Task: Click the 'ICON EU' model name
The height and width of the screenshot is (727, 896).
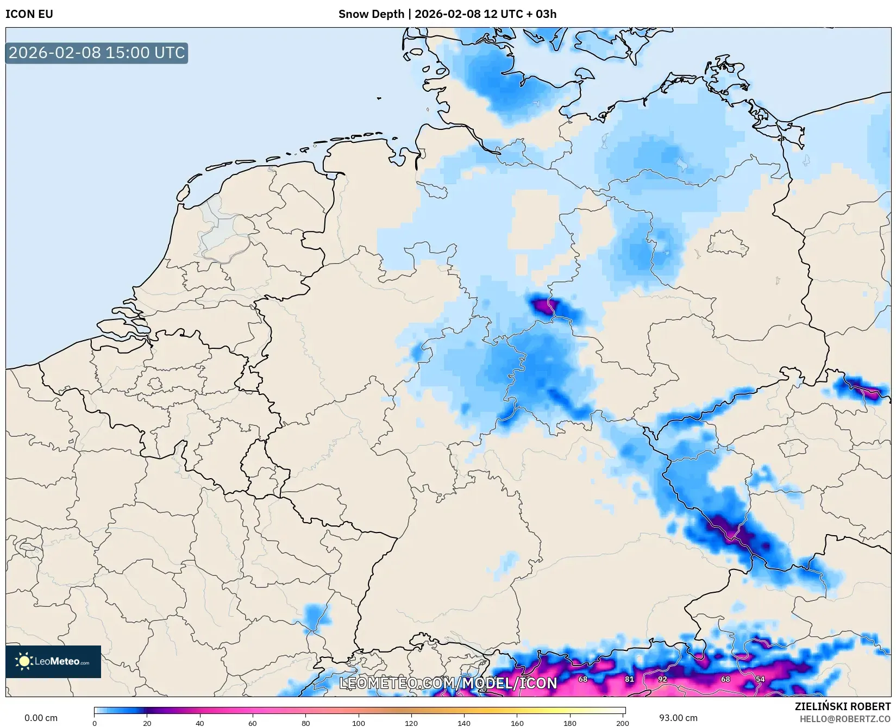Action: point(29,14)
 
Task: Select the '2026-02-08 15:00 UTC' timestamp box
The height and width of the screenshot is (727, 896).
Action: point(97,53)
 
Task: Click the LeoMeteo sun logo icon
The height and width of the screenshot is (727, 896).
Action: point(24,661)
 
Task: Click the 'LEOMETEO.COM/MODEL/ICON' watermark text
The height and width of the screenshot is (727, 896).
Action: point(448,683)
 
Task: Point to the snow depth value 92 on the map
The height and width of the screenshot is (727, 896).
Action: point(662,679)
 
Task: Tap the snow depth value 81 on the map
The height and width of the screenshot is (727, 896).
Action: point(629,679)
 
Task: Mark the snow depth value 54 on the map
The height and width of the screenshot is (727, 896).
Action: point(760,679)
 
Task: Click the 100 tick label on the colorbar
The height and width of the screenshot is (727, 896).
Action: point(359,723)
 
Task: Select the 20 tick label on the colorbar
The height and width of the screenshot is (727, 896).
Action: point(147,723)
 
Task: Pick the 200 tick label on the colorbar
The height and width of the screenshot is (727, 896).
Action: point(623,723)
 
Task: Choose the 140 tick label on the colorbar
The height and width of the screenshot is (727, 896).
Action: point(464,723)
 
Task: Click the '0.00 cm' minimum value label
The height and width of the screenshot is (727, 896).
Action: point(41,718)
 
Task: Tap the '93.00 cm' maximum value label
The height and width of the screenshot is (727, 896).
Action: point(678,718)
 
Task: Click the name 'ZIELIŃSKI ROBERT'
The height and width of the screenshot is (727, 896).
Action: point(843,706)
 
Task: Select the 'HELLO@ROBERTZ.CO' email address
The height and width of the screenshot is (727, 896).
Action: point(845,719)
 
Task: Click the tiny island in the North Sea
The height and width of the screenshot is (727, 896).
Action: point(379,98)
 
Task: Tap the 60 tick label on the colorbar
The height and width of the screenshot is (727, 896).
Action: point(253,723)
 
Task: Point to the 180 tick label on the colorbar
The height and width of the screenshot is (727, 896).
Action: point(570,723)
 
